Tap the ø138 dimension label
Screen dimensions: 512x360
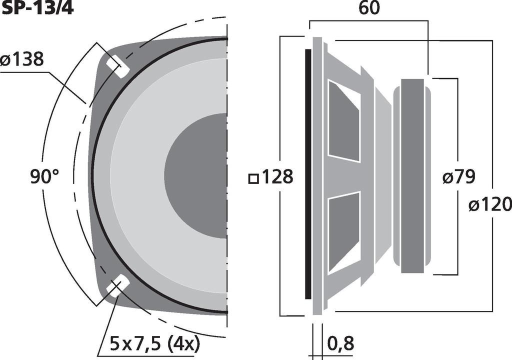pos(22,59)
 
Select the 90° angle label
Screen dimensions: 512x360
pos(44,176)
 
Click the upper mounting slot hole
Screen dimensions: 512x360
pos(117,66)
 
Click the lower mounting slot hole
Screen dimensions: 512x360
pos(117,285)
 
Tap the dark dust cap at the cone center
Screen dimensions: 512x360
pos(196,176)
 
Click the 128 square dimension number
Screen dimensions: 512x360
pos(277,176)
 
